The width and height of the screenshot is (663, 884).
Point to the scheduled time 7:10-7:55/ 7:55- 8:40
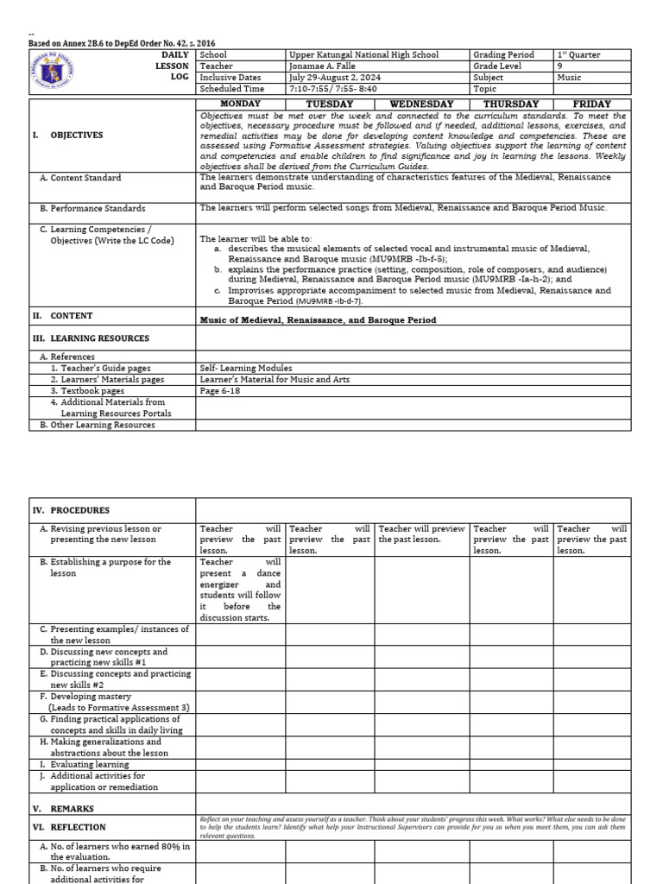tap(335, 88)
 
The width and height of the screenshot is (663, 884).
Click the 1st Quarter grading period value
tap(578, 54)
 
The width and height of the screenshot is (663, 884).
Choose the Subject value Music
tap(570, 77)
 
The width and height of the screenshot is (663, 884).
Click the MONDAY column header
tap(241, 104)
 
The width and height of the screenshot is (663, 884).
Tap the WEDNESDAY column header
tap(421, 104)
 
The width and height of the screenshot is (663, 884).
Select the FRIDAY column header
tap(591, 104)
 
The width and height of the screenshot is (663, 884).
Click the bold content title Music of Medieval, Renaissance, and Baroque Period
tap(318, 320)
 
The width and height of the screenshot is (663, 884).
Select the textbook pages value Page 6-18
tap(222, 391)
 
